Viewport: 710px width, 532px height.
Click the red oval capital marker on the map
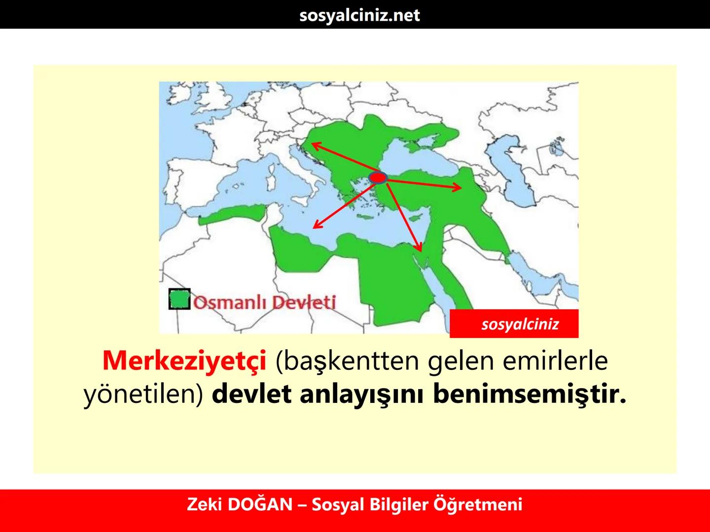pos(378,177)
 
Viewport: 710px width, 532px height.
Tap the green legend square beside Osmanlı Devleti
pos(179,299)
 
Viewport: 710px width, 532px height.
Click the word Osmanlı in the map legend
pos(230,301)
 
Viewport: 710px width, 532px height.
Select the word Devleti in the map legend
pos(304,301)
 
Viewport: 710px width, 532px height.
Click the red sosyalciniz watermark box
pos(514,324)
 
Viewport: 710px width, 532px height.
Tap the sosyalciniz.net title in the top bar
pos(359,15)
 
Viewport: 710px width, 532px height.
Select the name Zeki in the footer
pos(203,504)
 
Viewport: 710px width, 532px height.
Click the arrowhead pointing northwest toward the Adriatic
pos(313,145)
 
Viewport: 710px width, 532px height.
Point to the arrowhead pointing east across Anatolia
pos(459,187)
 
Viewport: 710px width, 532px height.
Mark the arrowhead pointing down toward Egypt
pos(419,249)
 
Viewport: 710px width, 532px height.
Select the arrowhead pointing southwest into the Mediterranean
pos(317,226)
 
